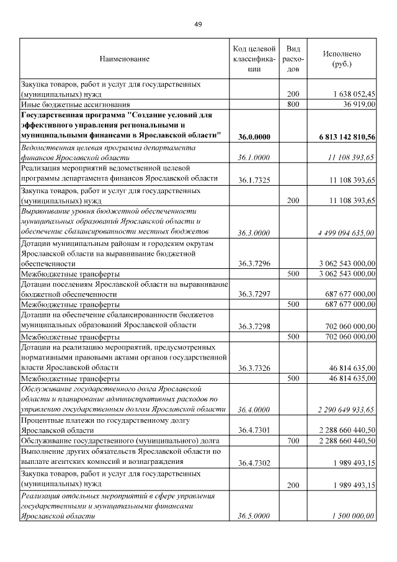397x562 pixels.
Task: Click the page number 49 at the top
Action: tap(198, 24)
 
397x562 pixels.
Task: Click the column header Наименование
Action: tap(124, 59)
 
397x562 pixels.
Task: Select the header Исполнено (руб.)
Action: tap(342, 59)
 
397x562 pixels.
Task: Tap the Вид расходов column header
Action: tap(294, 59)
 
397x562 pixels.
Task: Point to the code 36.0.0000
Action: tap(254, 136)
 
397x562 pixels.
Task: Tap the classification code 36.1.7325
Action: tap(254, 181)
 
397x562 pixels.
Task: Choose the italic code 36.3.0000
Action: tap(254, 233)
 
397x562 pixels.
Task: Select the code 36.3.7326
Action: tap(254, 368)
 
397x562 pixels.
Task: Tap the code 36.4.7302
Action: tap(254, 463)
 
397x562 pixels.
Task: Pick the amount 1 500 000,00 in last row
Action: tap(351, 515)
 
